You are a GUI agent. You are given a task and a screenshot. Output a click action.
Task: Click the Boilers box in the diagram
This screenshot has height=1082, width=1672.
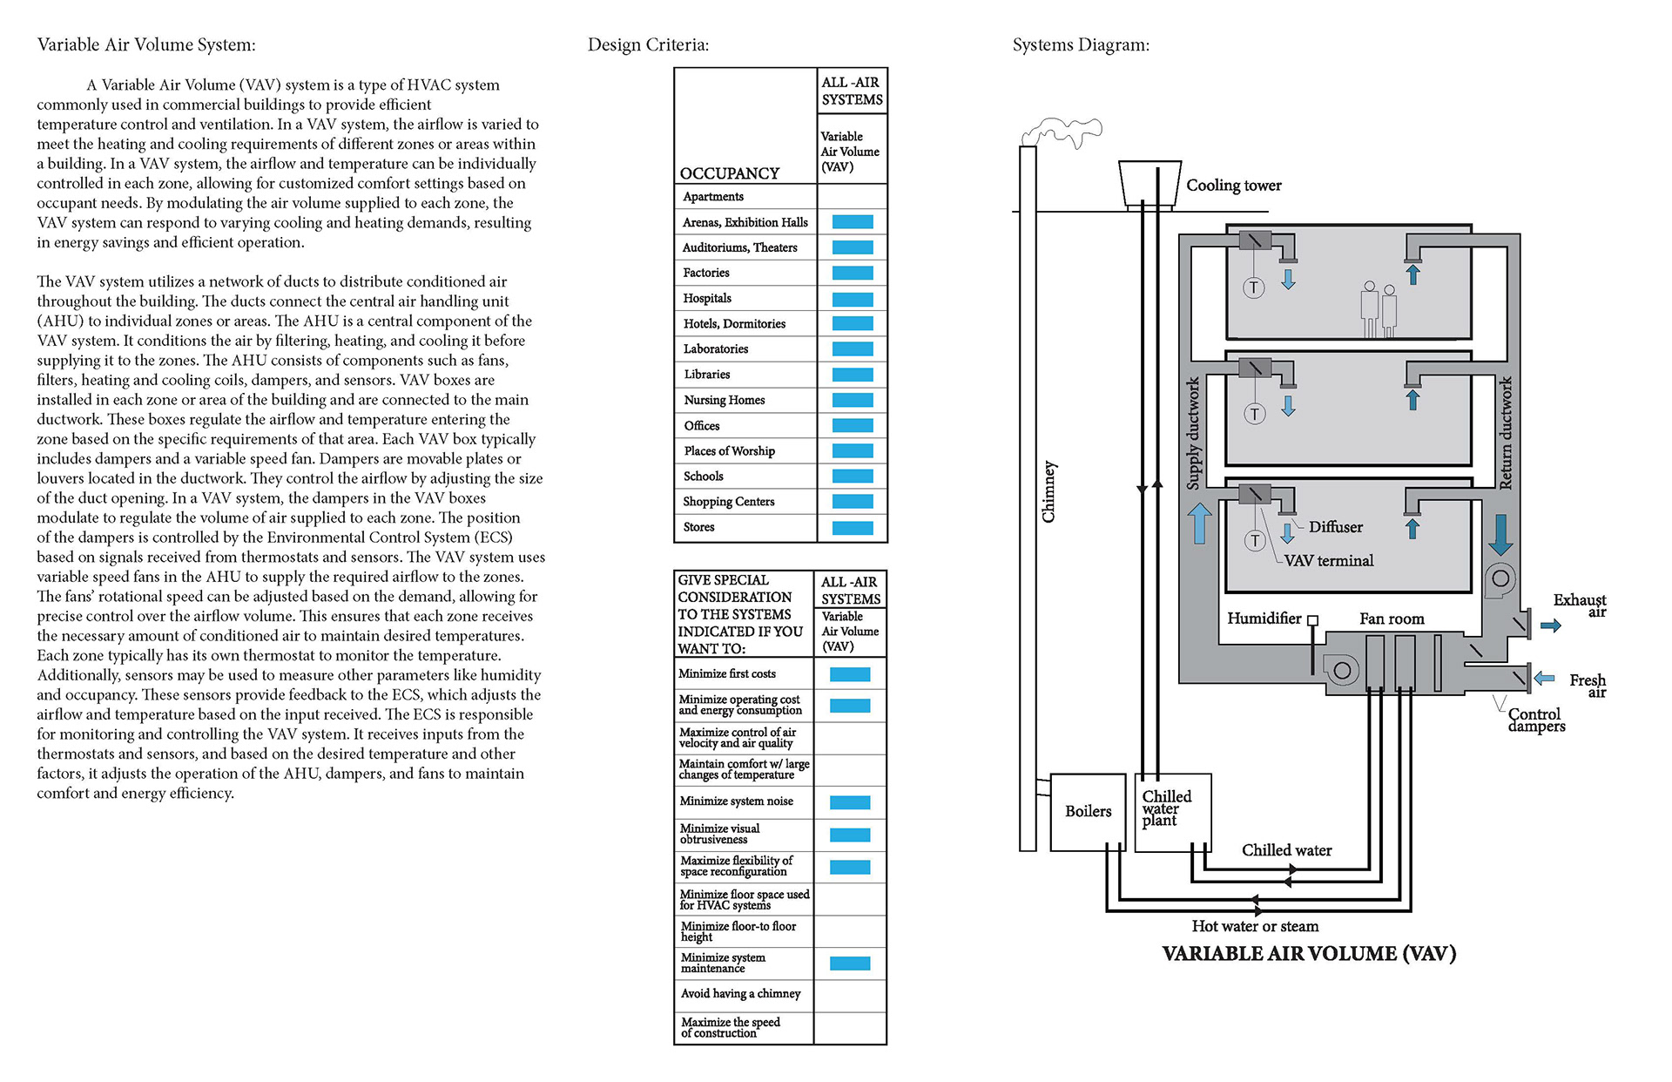(1088, 812)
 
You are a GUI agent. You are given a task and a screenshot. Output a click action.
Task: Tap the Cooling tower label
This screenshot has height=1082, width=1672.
(1233, 186)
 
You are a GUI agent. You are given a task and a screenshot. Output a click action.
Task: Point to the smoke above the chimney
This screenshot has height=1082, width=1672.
(1062, 132)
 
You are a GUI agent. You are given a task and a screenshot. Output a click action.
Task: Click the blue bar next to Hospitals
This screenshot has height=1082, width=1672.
(853, 299)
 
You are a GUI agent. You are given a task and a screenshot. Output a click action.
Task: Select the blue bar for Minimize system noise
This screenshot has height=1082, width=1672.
(850, 802)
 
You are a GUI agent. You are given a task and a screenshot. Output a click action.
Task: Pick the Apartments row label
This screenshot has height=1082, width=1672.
(713, 197)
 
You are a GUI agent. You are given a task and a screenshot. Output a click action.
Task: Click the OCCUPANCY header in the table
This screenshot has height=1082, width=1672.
(729, 173)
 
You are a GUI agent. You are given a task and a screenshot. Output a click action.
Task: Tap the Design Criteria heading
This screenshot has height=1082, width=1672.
(648, 45)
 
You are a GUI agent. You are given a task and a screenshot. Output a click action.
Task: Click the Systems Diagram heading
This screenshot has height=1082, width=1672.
(1081, 45)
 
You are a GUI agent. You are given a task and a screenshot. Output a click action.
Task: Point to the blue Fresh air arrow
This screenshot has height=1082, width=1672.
(1545, 678)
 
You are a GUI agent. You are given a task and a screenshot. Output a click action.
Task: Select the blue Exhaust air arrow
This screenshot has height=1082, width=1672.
(1551, 626)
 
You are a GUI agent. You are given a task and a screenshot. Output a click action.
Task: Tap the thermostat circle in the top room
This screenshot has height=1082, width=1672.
(1253, 287)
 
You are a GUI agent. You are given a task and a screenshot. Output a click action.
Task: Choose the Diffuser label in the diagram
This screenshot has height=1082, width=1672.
(1335, 527)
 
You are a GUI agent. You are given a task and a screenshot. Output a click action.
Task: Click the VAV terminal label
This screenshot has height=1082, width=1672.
(1329, 561)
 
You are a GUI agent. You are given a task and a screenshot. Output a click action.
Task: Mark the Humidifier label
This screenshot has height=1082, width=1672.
(1264, 619)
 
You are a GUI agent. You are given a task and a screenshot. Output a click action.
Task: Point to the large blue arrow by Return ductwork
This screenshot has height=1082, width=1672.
(1500, 535)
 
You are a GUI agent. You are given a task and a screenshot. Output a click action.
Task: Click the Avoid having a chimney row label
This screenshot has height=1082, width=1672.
(740, 994)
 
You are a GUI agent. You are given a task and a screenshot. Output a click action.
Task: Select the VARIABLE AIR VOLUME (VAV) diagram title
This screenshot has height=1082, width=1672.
(1309, 954)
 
